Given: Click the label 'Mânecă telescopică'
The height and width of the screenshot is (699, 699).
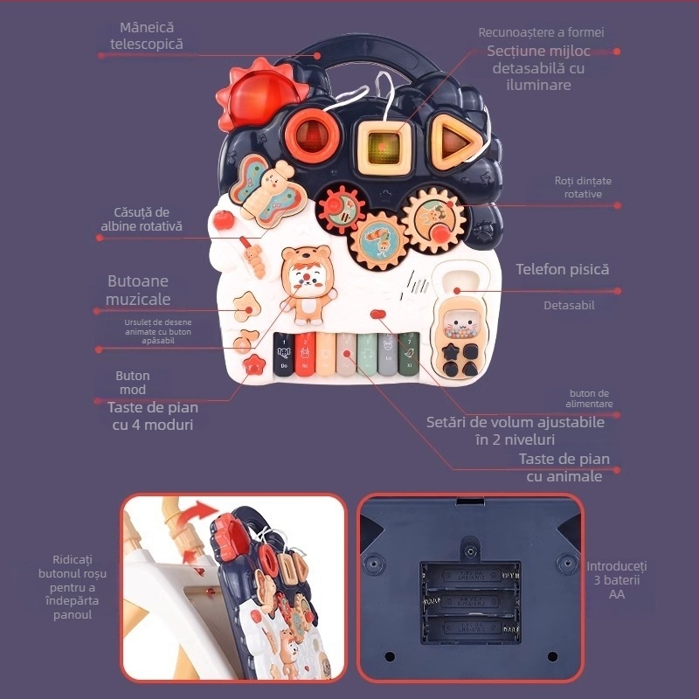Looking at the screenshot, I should click(147, 36).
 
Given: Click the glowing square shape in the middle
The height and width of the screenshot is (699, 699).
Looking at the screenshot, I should click(384, 142).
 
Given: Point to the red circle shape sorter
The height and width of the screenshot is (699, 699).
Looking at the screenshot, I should click(308, 132).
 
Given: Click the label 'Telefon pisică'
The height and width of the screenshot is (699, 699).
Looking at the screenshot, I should click(562, 270).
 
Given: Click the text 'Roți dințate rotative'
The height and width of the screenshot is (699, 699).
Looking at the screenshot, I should click(583, 187).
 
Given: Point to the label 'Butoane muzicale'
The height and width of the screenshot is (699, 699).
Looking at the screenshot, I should click(138, 290).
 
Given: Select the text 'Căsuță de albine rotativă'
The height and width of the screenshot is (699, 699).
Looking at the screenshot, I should click(141, 219).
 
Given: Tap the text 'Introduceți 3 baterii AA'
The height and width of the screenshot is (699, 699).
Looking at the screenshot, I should click(617, 580).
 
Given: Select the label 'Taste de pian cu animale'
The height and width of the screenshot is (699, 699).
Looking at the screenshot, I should click(564, 467).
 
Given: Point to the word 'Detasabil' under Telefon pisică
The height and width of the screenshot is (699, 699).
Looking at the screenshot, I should click(568, 305).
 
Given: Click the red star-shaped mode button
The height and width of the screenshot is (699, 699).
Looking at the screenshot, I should click(254, 364).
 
